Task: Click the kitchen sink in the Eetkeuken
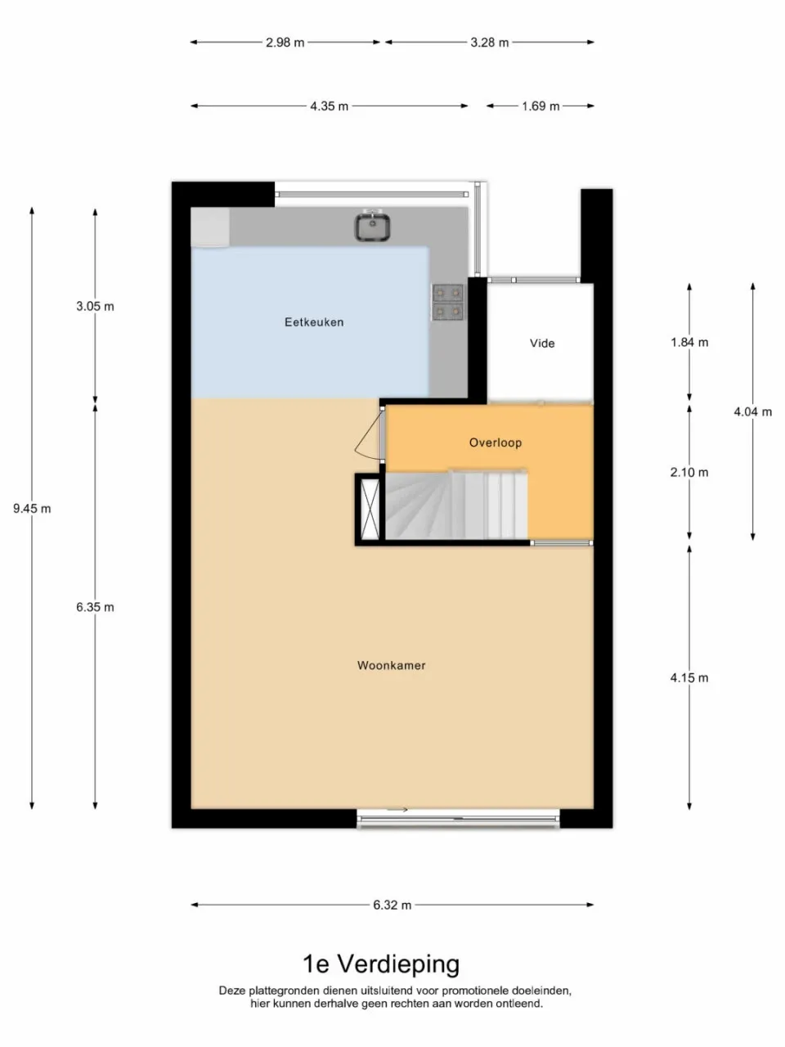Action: tap(372, 227)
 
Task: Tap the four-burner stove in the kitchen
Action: tap(447, 302)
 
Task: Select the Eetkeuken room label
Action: tap(314, 322)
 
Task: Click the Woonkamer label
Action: tap(391, 666)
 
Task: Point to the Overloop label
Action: tap(495, 443)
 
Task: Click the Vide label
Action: tap(542, 344)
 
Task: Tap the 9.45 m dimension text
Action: tap(32, 509)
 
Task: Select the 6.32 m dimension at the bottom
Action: tap(392, 905)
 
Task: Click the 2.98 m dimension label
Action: tap(285, 43)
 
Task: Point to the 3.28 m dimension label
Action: tap(489, 43)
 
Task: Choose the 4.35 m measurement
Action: tap(329, 106)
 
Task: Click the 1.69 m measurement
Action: tap(541, 106)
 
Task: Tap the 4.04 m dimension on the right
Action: tap(752, 412)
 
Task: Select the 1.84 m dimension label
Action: tap(689, 343)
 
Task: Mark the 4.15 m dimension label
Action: tap(689, 678)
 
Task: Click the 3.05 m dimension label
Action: tap(95, 307)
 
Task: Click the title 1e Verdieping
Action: tap(381, 964)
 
